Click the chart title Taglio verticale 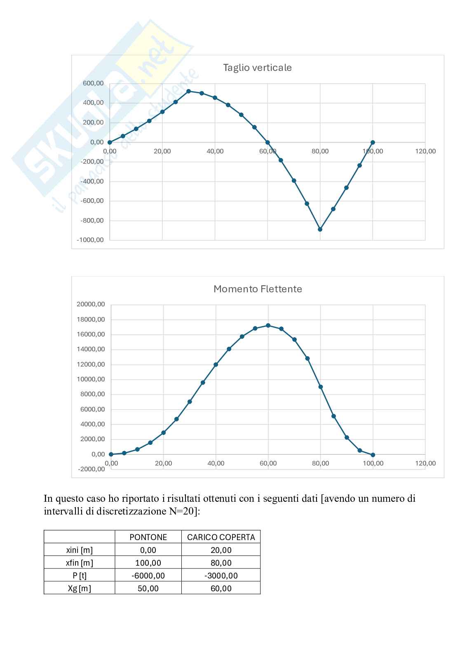257,68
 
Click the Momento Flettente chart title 258,289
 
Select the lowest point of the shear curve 320,229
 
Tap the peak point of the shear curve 188,91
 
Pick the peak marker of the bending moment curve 268,325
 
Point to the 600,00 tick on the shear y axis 94,83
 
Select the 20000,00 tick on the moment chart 91,304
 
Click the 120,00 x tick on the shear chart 425,151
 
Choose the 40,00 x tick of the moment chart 216,463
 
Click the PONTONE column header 148,537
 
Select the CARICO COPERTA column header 221,537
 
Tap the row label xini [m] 79,550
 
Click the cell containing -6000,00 148,576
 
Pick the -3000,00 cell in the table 221,576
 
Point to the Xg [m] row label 79,588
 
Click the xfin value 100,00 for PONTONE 148,563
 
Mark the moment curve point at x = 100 373,455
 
